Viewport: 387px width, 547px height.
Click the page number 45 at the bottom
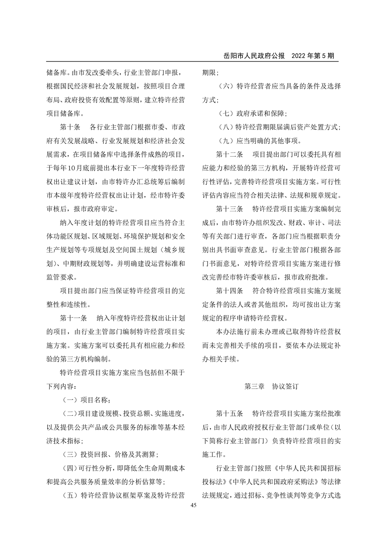[193, 505]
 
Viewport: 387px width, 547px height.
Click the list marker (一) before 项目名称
[69, 400]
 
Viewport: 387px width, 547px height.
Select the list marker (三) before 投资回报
[69, 455]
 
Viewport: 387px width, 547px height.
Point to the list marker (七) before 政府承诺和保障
[225, 113]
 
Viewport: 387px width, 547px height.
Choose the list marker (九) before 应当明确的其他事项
[225, 141]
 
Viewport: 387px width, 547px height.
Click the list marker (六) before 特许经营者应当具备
[225, 86]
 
